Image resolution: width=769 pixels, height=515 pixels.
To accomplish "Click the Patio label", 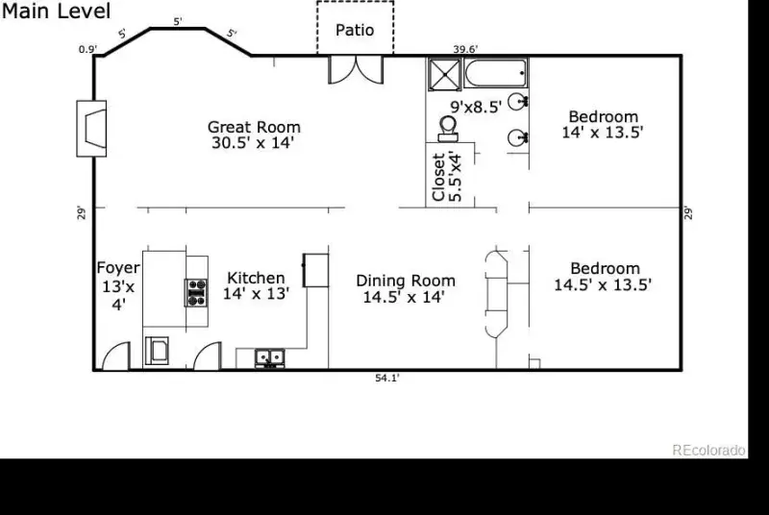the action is click(355, 31).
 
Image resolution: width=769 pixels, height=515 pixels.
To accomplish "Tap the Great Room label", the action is click(254, 135).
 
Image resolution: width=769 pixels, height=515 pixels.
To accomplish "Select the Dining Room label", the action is click(406, 288).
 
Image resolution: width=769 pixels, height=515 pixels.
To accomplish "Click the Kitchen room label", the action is click(256, 285).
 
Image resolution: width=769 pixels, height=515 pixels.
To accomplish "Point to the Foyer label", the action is click(118, 286).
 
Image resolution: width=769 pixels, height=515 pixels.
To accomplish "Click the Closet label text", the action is click(447, 177).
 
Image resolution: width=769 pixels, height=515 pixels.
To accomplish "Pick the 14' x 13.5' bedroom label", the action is click(603, 125).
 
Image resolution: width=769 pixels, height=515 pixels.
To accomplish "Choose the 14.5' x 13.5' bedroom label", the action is click(604, 277).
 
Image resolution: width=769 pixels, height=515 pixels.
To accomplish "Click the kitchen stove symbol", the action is click(196, 292).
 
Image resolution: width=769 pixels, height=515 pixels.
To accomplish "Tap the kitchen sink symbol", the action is click(270, 358).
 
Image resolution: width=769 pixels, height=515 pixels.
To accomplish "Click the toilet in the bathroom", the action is click(448, 129).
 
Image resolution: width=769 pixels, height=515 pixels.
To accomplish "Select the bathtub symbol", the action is click(495, 73).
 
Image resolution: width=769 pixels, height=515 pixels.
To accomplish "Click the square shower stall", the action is click(445, 75).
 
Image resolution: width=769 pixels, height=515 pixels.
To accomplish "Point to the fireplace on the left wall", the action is click(91, 129).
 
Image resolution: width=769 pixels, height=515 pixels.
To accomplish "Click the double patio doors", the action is click(356, 69).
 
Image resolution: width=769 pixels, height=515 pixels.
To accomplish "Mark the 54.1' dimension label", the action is click(387, 379).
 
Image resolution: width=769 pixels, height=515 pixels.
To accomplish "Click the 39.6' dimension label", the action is click(465, 50).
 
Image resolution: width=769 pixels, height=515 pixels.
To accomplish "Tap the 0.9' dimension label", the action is click(87, 50).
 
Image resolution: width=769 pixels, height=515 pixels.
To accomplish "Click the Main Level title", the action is click(57, 11).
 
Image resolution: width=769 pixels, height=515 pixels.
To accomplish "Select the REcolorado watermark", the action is click(708, 450).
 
